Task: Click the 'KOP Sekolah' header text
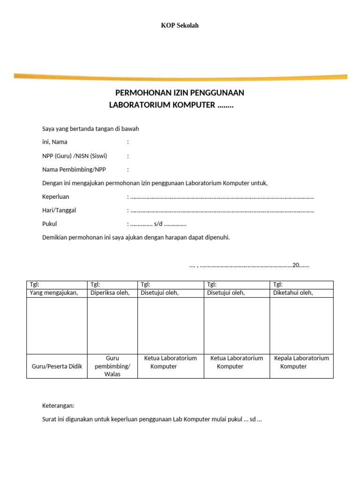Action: point(180,25)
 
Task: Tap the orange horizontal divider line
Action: point(180,75)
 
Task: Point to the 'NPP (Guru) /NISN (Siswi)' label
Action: point(71,156)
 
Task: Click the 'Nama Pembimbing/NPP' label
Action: point(71,170)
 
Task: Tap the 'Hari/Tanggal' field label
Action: point(59,210)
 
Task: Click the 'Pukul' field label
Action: point(49,224)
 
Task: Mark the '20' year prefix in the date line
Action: point(295,265)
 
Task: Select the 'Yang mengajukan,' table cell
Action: point(53,293)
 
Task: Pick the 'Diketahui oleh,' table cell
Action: point(293,293)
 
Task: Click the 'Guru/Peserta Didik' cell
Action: point(57,366)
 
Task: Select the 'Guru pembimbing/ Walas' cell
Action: point(112,366)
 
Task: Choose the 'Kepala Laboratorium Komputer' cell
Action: point(301,362)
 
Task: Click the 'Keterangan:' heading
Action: point(58,406)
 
